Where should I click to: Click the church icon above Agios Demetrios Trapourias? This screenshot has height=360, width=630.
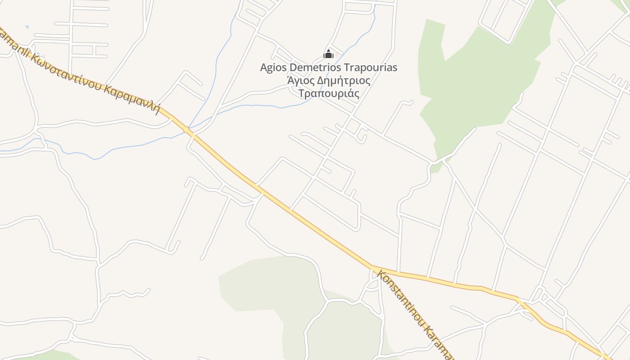tap(328, 54)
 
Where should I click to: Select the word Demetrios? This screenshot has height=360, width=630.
tap(315, 67)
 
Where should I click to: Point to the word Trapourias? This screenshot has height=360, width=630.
tap(370, 67)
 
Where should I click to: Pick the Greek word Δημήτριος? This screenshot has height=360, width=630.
tap(344, 81)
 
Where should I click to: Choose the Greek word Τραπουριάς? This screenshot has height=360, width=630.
tap(329, 94)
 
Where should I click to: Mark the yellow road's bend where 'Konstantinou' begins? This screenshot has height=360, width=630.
tap(373, 266)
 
